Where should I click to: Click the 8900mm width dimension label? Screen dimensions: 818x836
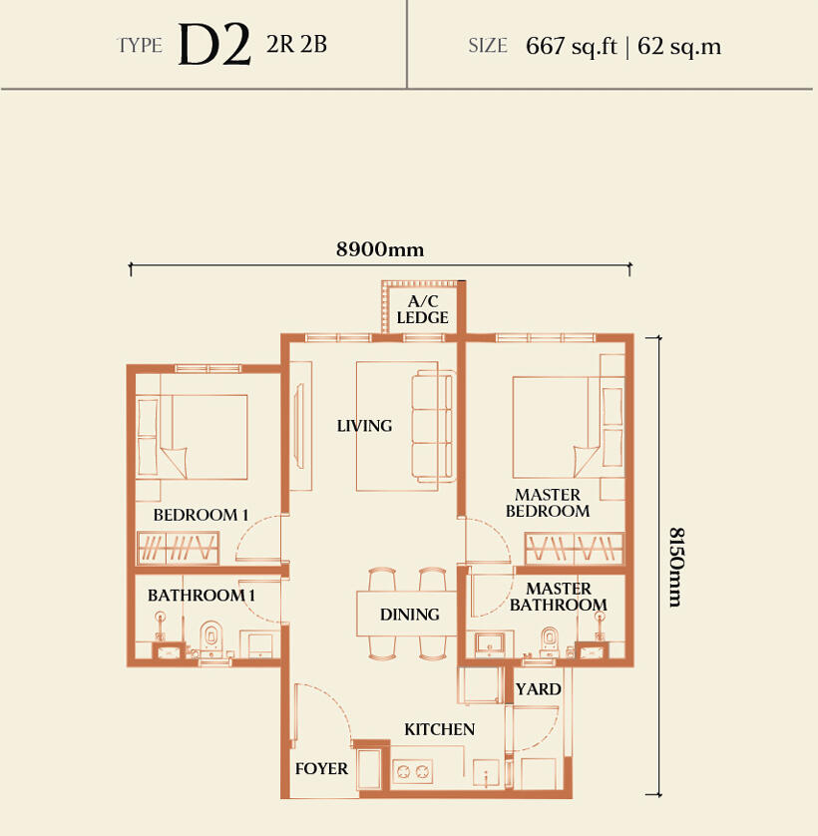point(380,249)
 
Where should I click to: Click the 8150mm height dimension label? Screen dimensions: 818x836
point(676,568)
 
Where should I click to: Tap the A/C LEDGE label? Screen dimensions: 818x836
point(422,310)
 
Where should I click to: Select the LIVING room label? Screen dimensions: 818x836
point(365,425)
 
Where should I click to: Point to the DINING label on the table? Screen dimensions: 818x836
point(410,615)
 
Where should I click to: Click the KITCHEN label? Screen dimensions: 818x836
point(439,729)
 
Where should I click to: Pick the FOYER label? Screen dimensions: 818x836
point(321,768)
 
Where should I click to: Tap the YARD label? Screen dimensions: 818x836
point(538,689)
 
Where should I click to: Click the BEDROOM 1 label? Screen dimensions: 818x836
point(201,515)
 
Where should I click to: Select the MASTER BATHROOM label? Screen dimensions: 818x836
point(559,597)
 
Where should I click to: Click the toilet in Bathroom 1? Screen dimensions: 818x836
point(211,638)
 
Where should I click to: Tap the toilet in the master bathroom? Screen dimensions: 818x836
point(550,641)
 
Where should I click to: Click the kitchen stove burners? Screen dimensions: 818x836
point(413,771)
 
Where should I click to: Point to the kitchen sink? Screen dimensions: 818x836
point(486,773)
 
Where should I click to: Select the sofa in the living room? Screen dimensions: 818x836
point(433,426)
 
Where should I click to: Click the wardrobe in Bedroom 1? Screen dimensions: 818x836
point(179,548)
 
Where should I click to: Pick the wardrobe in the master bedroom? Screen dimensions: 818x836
point(574,548)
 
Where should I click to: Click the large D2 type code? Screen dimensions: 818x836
point(214,45)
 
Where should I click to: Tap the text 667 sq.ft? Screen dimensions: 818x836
point(572,46)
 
